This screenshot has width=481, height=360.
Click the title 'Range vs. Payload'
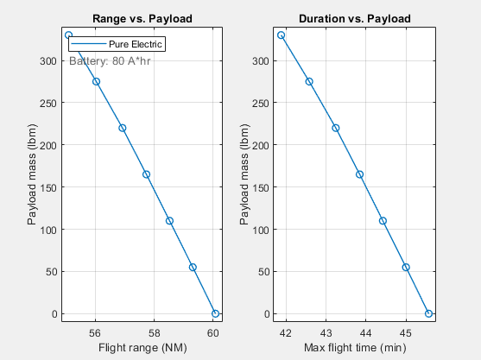[x=142, y=18]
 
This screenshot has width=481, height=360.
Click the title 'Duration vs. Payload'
[x=355, y=18]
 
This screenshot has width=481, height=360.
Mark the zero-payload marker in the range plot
[x=216, y=313]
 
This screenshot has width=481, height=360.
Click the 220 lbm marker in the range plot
[x=122, y=128]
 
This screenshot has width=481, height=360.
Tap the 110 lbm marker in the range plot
[x=169, y=221]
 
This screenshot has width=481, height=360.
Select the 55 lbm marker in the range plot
[x=193, y=268]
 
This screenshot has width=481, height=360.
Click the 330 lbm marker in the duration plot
[x=282, y=35]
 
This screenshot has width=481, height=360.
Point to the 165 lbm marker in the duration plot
[x=359, y=174]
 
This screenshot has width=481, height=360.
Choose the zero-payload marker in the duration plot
[x=428, y=313]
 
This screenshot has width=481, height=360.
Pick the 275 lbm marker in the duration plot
[x=309, y=81]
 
